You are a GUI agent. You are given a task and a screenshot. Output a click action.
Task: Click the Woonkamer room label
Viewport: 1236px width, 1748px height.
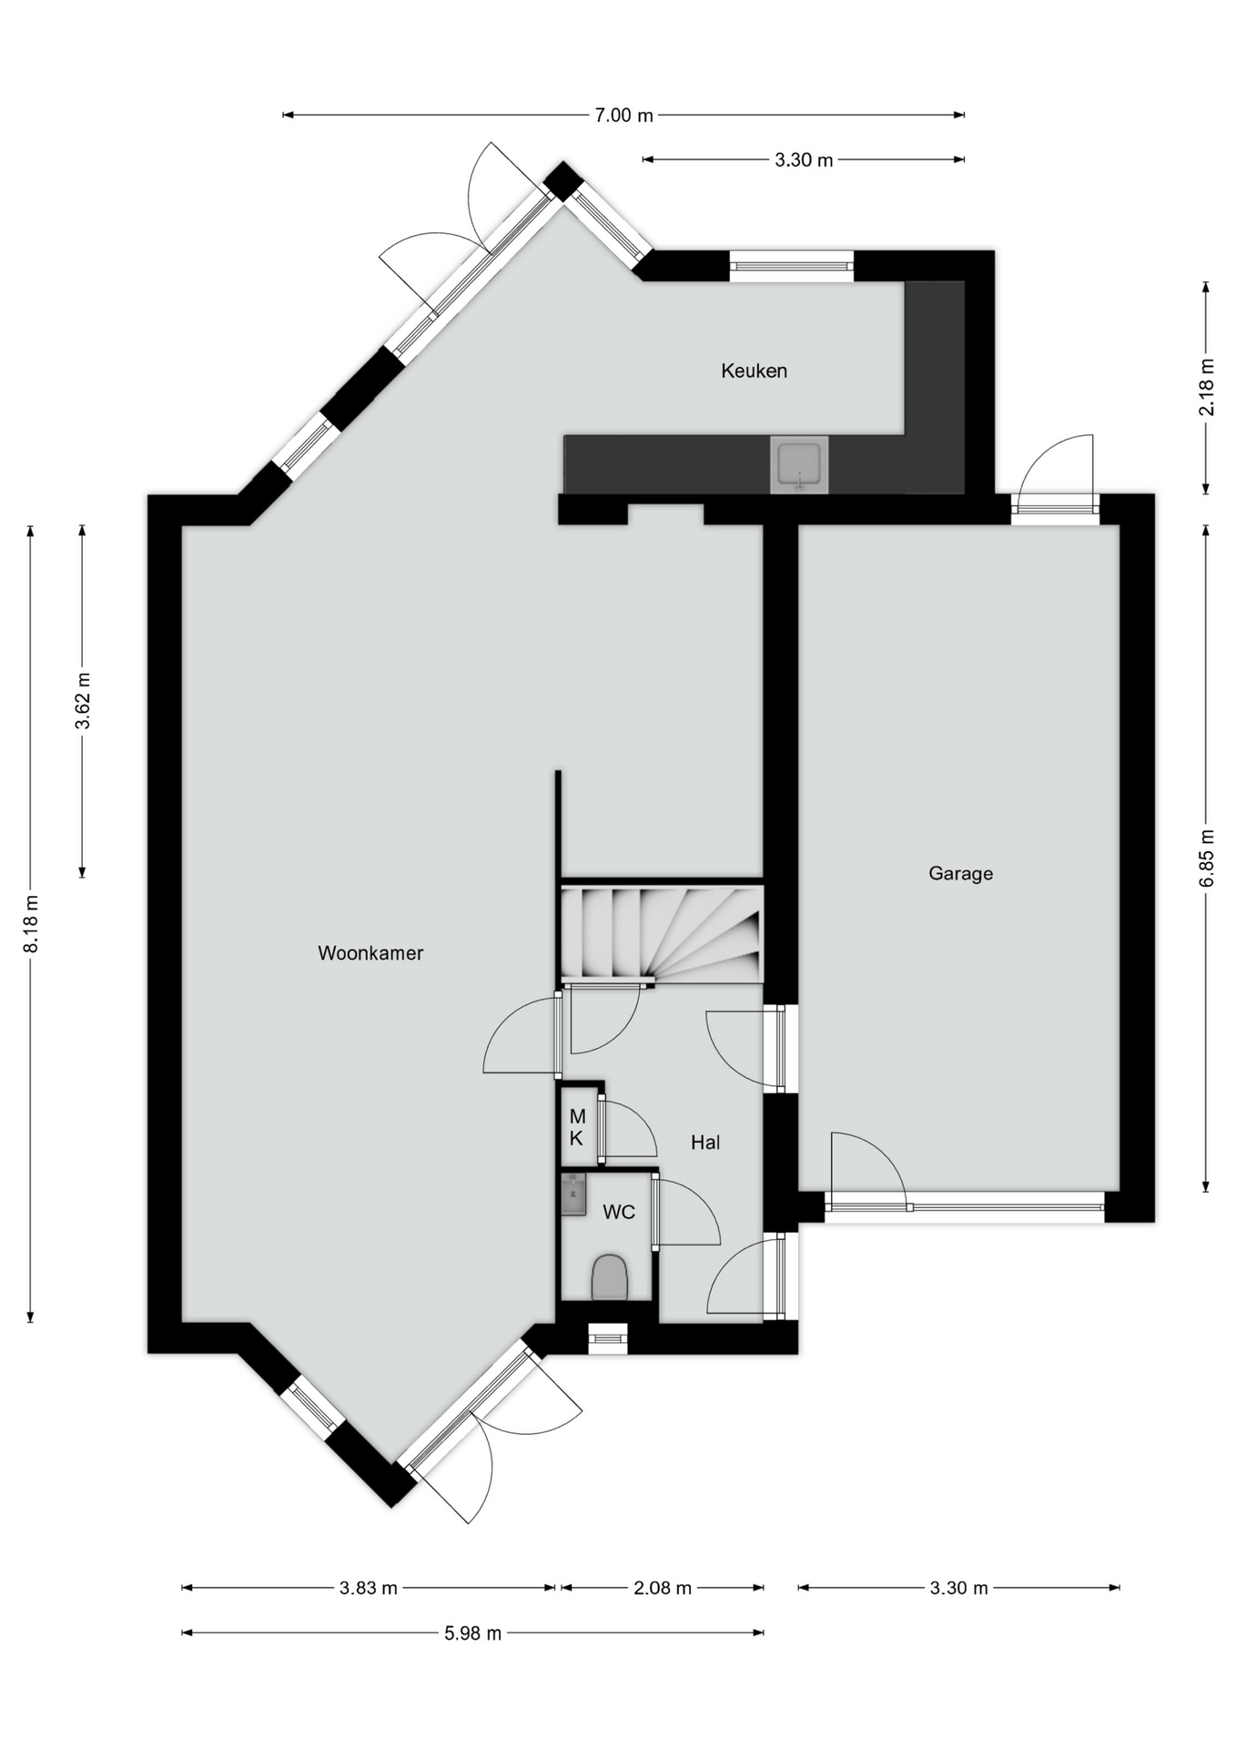(x=370, y=953)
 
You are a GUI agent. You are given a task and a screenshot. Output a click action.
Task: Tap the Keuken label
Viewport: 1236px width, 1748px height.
(x=754, y=371)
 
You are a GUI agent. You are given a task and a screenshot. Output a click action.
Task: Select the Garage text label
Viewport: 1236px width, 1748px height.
(x=960, y=873)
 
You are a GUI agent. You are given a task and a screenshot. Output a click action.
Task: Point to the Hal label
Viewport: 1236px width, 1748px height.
(x=705, y=1142)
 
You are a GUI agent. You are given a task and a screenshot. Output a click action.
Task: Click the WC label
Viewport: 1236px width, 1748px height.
(x=619, y=1212)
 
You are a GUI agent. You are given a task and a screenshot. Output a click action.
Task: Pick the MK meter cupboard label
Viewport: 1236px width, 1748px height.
(x=577, y=1127)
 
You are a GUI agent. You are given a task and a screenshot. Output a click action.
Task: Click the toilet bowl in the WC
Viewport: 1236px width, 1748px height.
(x=610, y=1276)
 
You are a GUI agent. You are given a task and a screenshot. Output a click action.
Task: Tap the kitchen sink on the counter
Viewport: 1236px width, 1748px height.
(x=800, y=464)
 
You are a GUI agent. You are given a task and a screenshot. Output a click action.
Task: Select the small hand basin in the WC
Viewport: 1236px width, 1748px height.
(x=573, y=1194)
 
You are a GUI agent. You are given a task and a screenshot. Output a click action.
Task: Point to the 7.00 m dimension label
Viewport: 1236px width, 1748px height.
(x=624, y=115)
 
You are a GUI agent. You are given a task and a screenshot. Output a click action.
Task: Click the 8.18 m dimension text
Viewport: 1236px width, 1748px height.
(x=31, y=924)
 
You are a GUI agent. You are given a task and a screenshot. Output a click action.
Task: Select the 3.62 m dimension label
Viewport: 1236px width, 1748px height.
(x=83, y=701)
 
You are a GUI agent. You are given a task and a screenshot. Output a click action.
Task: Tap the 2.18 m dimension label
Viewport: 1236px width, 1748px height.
(x=1207, y=387)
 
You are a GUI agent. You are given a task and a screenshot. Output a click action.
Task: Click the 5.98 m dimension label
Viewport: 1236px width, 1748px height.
(x=473, y=1632)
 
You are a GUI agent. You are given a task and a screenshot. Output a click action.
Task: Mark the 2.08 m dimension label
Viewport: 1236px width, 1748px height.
(x=663, y=1588)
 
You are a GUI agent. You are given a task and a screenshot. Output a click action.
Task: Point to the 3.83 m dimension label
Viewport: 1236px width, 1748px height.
(x=369, y=1588)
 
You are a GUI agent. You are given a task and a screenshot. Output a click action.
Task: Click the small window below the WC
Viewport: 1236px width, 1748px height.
(x=608, y=1336)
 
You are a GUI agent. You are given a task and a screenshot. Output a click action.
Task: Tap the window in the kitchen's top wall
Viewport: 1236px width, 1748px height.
(x=792, y=266)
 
